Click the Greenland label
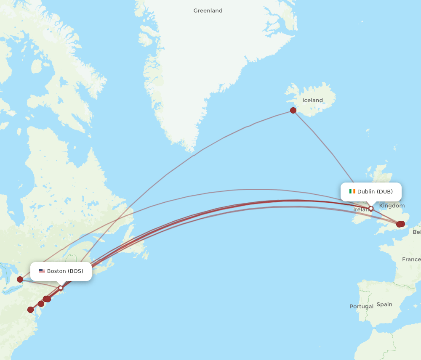coord(208,11)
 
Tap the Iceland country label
coord(313,100)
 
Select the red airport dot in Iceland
coord(293,111)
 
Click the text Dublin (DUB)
coord(375,191)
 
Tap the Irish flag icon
coord(352,191)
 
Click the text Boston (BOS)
coord(65,271)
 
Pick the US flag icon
coord(42,271)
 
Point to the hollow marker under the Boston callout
coord(61,288)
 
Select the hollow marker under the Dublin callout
coord(371,208)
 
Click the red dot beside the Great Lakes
coord(20,279)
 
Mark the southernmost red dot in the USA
coord(30,310)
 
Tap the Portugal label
coord(361,306)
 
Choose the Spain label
coord(384,304)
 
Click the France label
coord(411,259)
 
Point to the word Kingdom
coord(392,206)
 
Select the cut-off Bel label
coord(416,232)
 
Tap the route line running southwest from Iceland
coord(223,137)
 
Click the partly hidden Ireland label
coord(360,209)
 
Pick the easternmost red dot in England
coord(402,224)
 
